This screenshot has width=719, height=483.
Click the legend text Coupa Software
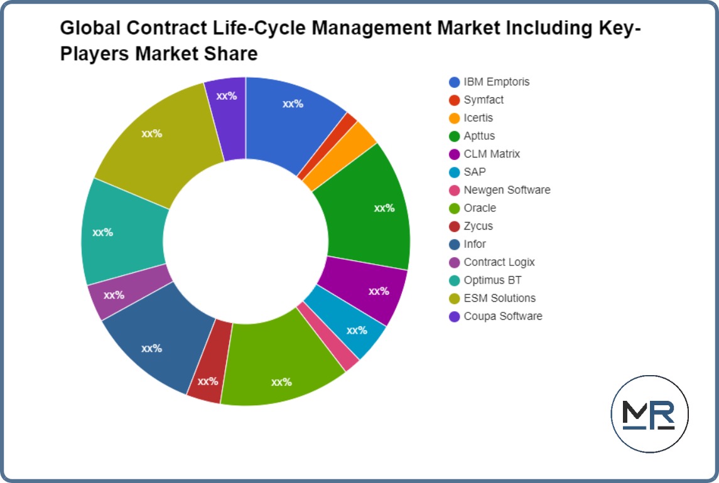click(502, 316)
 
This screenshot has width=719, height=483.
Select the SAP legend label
click(475, 172)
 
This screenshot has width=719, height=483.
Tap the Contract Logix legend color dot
click(455, 262)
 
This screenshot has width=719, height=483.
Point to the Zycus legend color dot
click(455, 226)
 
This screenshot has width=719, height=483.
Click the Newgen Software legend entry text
click(507, 190)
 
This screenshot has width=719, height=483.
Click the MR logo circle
click(649, 413)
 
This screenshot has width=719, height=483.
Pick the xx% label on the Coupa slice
click(226, 96)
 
